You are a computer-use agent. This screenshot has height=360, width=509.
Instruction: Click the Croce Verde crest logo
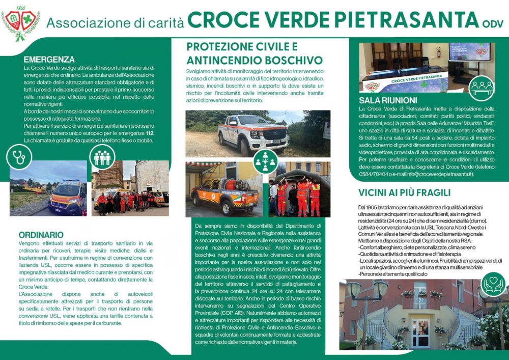coord(20,23)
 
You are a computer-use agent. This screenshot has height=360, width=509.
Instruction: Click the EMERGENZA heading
coord(49,59)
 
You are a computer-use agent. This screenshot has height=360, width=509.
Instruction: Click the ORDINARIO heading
coord(41,235)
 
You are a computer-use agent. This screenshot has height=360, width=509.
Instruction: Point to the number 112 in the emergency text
coord(149,133)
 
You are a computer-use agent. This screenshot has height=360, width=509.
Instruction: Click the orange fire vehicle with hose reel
coord(224,193)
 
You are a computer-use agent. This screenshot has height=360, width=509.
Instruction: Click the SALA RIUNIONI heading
coord(388,100)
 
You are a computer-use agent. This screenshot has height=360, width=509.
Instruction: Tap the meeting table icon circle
coord(481,88)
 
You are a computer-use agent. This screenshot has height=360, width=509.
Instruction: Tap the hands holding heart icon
coord(493,284)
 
